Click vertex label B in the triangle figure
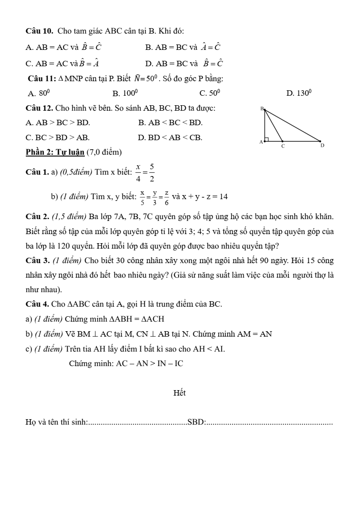pos(262,108)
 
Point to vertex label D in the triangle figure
pos(322,146)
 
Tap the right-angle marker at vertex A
pos(267,139)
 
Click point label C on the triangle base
pos(283,147)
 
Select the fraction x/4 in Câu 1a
pos(138,172)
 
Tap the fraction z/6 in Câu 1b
pos(167,197)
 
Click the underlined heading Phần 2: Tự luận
pos(55,151)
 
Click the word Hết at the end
pos(180,393)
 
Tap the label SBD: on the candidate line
pos(196,422)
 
